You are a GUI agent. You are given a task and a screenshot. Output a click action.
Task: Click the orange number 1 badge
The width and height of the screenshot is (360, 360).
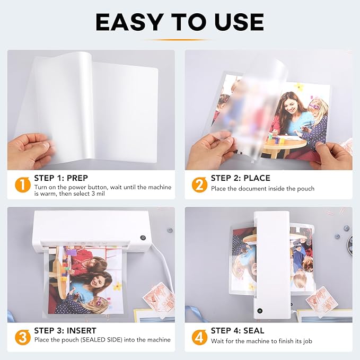tap(22, 184)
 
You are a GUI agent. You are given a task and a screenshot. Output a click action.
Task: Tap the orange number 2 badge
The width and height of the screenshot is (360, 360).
tap(199, 184)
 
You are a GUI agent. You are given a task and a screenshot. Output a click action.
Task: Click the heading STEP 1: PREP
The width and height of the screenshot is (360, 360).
tap(61, 178)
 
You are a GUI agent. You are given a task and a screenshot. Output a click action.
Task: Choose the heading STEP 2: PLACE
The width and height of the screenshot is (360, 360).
tap(240, 178)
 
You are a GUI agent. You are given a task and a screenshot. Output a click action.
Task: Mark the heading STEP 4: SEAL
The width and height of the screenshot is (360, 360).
tap(238, 330)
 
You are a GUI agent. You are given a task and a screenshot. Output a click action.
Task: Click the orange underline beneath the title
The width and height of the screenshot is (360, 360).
tap(179, 40)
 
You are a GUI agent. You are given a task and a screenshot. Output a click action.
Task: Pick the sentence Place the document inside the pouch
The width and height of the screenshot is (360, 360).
tap(262, 189)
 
